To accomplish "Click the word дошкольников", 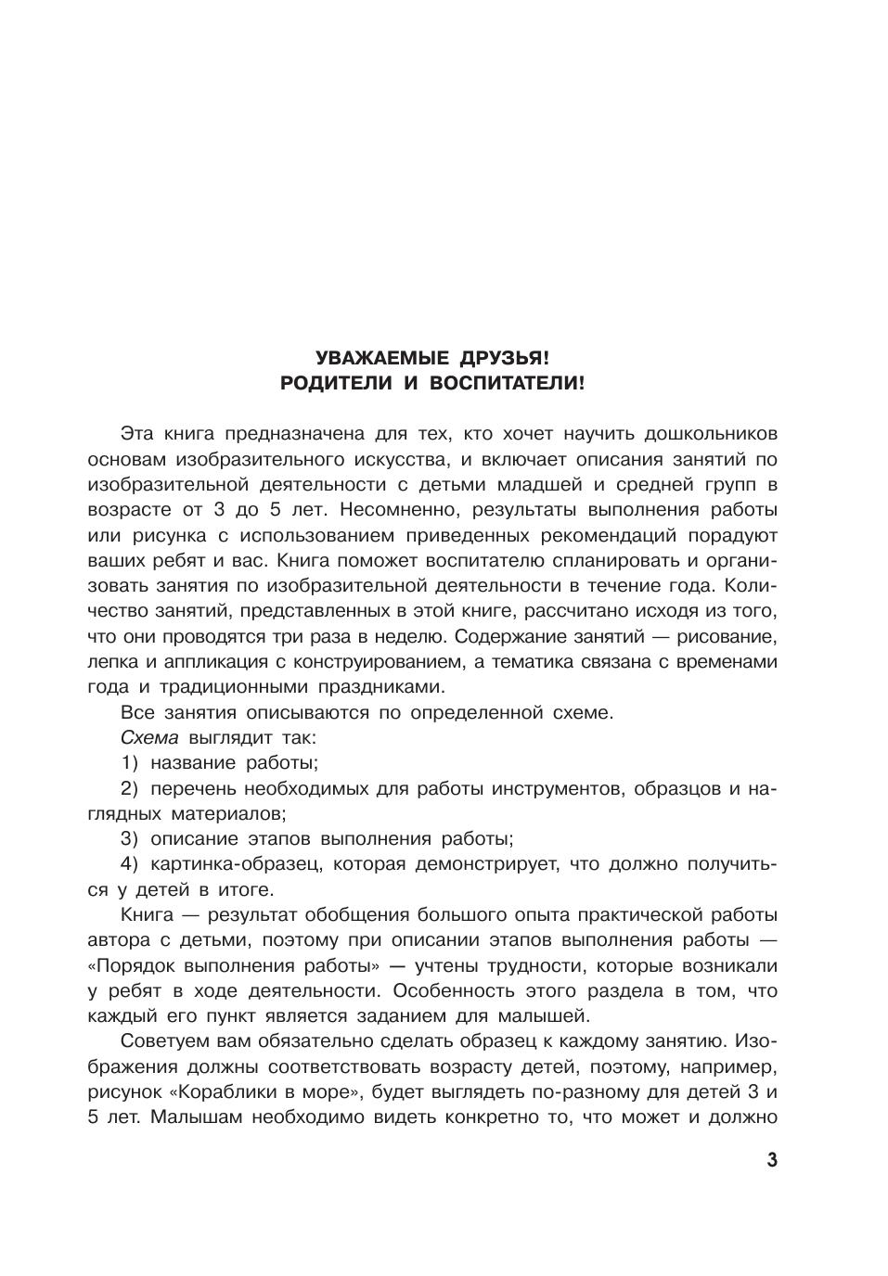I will (x=711, y=434).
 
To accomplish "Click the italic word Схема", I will (x=149, y=738).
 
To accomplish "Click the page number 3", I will (x=772, y=1161).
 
